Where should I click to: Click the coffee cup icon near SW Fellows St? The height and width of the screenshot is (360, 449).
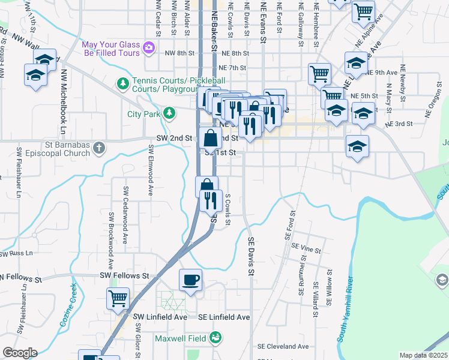[190, 280]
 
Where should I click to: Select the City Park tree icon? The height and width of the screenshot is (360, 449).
[170, 113]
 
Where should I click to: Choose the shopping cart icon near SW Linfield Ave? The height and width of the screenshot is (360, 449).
[118, 298]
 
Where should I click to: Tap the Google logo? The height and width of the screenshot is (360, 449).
[20, 352]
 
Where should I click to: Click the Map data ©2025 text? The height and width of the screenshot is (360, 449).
[423, 355]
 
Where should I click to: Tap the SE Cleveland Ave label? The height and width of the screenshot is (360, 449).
[283, 346]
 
